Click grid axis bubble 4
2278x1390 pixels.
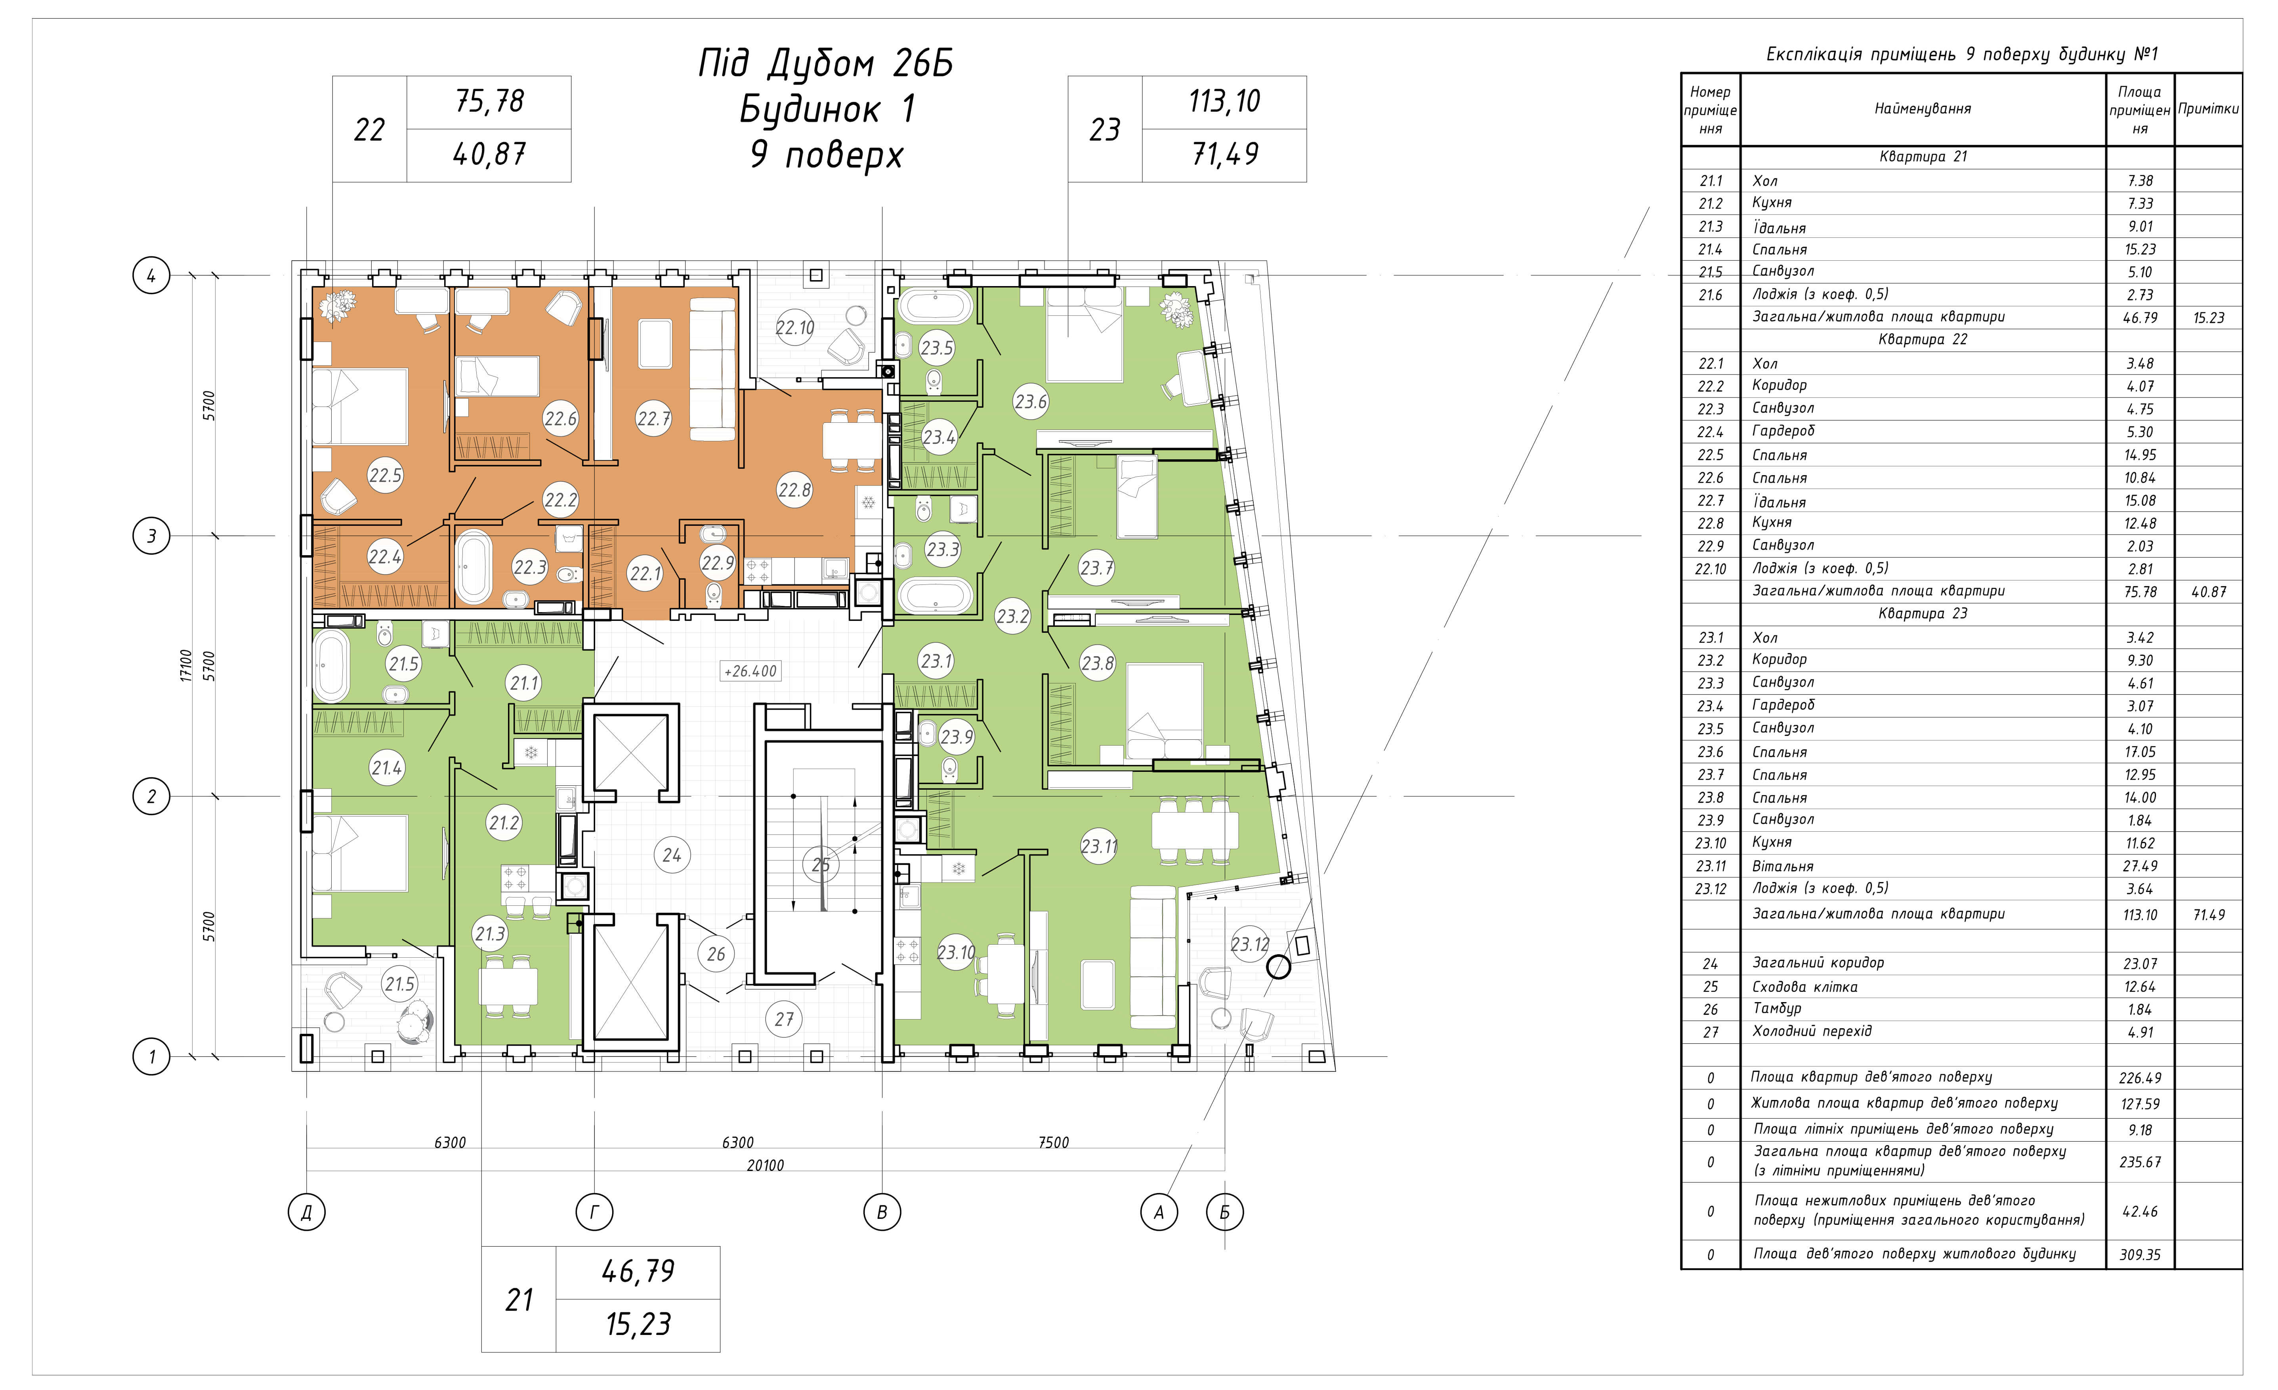click(152, 275)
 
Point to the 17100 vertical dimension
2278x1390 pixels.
click(186, 665)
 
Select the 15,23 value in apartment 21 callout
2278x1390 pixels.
click(638, 1324)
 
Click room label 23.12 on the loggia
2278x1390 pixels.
click(1250, 945)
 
